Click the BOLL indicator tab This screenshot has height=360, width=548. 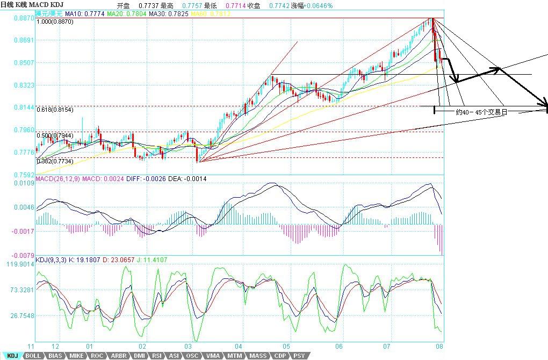tap(33, 356)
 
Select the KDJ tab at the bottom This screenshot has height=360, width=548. tap(12, 356)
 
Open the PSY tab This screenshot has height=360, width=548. tap(299, 356)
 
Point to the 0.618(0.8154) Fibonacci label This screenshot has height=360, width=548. tap(55, 110)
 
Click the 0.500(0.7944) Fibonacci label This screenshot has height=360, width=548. tap(55, 135)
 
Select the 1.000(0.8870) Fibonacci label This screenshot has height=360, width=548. tap(55, 22)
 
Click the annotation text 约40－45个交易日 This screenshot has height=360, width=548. tap(481, 113)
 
